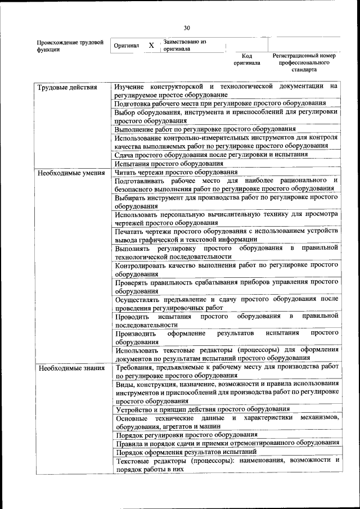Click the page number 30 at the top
click(187, 28)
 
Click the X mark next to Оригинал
click(151, 46)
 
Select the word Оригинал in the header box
click(127, 46)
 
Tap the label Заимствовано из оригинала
click(184, 45)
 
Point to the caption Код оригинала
click(247, 60)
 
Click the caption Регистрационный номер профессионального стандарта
click(304, 62)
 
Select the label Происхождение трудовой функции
click(70, 46)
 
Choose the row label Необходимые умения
click(71, 173)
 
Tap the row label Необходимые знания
click(70, 368)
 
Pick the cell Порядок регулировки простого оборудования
click(187, 435)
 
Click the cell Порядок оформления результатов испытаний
click(186, 452)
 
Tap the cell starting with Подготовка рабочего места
click(220, 103)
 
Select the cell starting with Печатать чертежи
click(226, 235)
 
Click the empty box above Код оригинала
click(246, 44)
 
